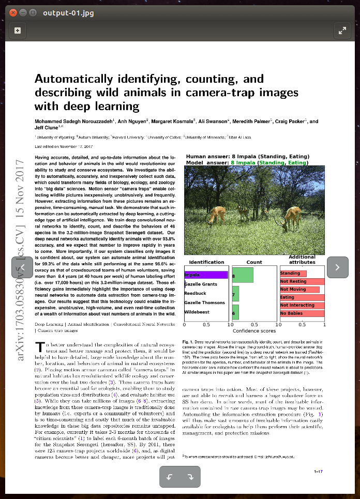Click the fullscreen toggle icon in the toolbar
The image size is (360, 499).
(342, 31)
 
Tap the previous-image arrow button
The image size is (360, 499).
(22, 267)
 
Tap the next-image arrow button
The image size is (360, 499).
(338, 267)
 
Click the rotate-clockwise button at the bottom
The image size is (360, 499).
(190, 476)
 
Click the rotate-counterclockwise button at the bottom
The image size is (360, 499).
(170, 476)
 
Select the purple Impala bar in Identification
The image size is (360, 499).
(206, 275)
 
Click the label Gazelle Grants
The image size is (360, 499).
(201, 284)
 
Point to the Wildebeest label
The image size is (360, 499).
(197, 312)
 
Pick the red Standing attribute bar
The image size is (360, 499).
(293, 273)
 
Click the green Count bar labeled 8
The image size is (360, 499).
(243, 275)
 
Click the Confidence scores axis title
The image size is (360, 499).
(254, 331)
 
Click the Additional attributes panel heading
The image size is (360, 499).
(302, 260)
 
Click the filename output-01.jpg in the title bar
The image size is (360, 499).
(69, 12)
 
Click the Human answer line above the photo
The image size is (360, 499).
(247, 156)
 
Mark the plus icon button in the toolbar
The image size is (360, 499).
(18, 31)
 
